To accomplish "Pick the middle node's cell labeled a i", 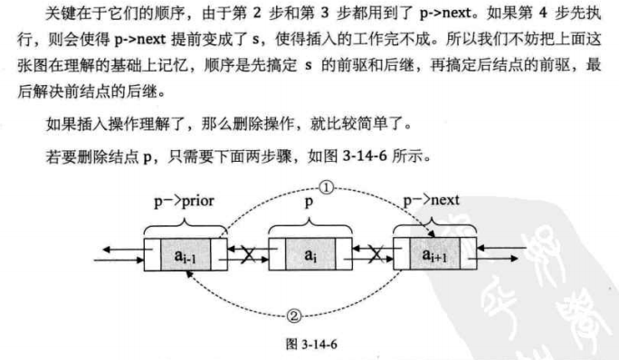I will coord(309,255).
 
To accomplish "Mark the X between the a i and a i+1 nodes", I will coord(368,255).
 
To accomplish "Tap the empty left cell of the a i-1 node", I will coord(153,255).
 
